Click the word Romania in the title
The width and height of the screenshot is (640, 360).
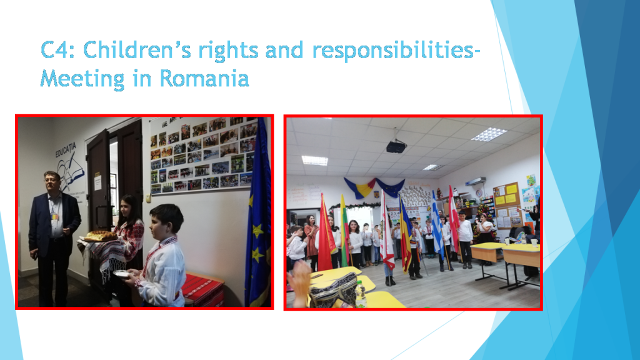pyautogui.click(x=204, y=78)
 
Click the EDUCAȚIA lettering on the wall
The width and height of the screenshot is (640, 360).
pyautogui.click(x=66, y=149)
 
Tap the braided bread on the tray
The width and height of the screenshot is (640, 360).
pyautogui.click(x=101, y=236)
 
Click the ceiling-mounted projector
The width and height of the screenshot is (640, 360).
pyautogui.click(x=396, y=146)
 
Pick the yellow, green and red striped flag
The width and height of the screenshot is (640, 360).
pyautogui.click(x=345, y=231)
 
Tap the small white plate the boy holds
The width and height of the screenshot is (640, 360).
pyautogui.click(x=121, y=273)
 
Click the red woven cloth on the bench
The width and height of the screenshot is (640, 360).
pyautogui.click(x=202, y=289)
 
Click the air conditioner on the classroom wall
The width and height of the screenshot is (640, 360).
pyautogui.click(x=476, y=181)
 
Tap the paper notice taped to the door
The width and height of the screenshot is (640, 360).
pyautogui.click(x=98, y=183)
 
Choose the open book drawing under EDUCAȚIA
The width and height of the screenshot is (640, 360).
pyautogui.click(x=71, y=172)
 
